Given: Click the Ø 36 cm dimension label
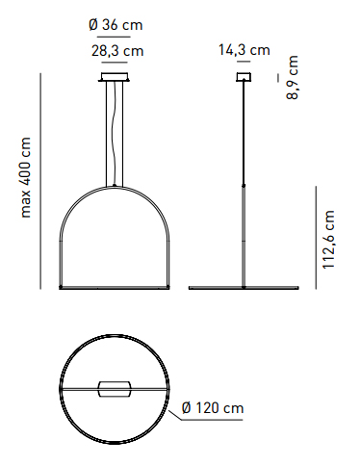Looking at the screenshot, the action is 116,25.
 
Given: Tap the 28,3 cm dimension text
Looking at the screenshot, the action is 117,51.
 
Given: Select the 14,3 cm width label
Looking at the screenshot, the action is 244,50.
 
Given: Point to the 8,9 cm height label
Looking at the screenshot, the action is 293,77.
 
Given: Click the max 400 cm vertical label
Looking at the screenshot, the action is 25,177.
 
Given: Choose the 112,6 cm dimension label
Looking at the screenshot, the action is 328,240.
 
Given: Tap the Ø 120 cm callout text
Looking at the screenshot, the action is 213,408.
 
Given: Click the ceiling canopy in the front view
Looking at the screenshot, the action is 115,77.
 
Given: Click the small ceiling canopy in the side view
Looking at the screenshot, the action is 244,77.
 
